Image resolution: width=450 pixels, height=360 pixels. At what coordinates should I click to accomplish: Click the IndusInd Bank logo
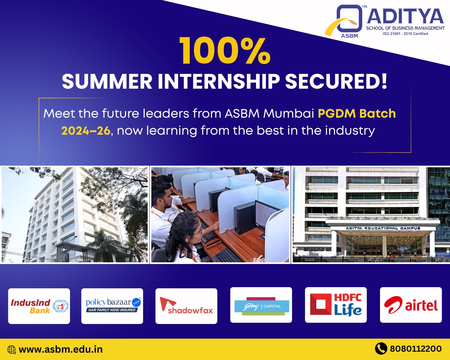(39, 306)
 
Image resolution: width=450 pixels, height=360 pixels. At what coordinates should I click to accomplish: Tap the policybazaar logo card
(112, 306)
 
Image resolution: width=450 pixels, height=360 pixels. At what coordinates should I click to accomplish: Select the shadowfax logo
(186, 306)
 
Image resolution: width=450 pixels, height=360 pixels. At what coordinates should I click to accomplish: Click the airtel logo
(411, 305)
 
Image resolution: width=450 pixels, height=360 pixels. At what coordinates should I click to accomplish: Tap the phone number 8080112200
(416, 349)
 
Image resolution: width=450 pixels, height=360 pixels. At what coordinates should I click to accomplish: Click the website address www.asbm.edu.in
(61, 349)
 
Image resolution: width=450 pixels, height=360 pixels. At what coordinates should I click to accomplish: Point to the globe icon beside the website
(12, 350)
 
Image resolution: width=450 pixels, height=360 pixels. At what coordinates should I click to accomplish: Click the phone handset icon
(381, 348)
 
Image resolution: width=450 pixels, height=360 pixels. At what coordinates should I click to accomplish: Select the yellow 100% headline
(225, 51)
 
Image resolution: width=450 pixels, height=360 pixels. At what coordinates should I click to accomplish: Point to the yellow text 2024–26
(86, 131)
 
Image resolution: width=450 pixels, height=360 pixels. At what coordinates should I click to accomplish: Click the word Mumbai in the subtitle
(289, 114)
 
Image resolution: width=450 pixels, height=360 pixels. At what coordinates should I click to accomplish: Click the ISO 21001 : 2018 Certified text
(405, 34)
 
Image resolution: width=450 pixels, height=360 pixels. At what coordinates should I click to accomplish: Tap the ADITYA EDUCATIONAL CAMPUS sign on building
(383, 228)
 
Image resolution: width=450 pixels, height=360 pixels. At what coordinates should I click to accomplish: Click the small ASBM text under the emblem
(349, 36)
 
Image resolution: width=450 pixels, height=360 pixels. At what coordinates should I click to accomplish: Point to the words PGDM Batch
(357, 114)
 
